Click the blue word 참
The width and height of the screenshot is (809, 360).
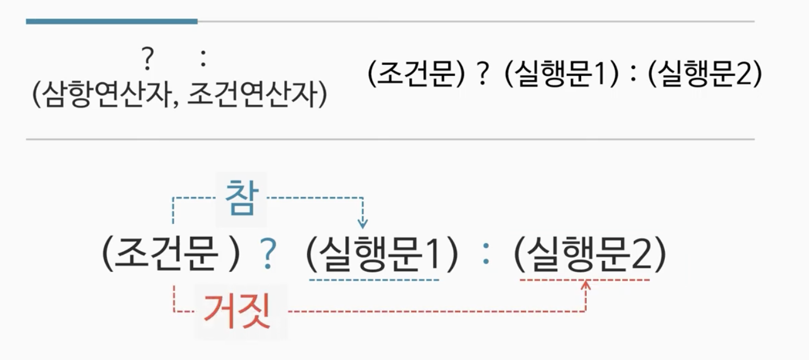pos(240,198)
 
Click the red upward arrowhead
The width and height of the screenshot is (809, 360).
pos(586,284)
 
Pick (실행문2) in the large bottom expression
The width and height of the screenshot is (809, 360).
pos(590,255)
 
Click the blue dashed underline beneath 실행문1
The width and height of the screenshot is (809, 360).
pos(374,280)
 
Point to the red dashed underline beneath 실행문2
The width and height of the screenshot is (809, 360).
pos(585,280)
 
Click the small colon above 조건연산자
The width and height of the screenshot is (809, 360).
pos(203,59)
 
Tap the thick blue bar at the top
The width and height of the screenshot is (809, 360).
pos(112,22)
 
